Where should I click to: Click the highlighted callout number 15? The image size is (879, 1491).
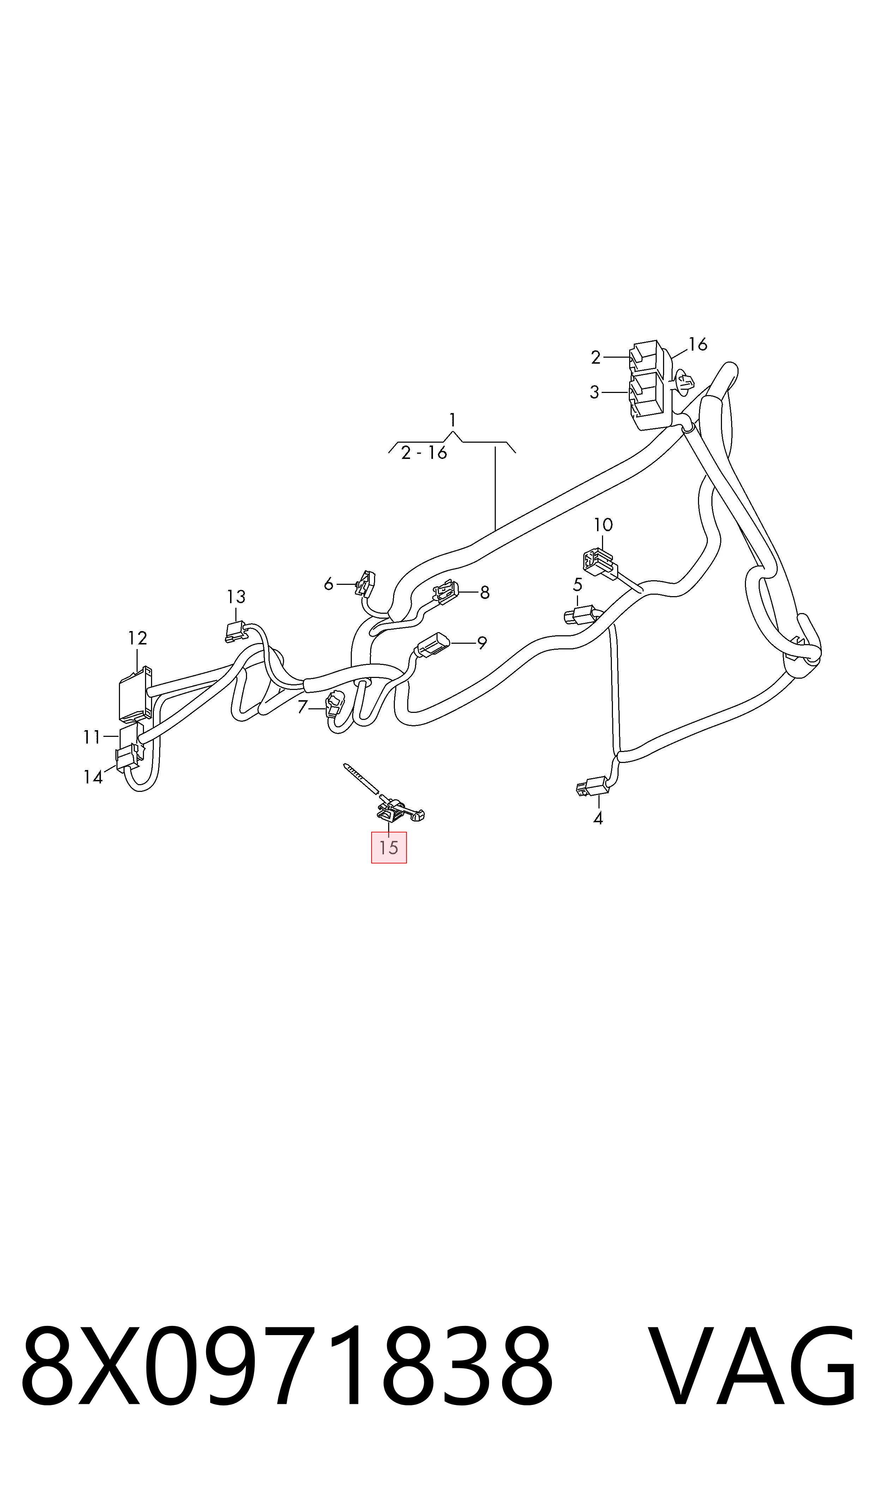pyautogui.click(x=389, y=848)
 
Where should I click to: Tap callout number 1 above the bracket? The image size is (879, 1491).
pyautogui.click(x=452, y=420)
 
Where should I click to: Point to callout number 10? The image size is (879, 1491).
pyautogui.click(x=603, y=525)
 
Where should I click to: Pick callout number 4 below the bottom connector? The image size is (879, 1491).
pyautogui.click(x=598, y=819)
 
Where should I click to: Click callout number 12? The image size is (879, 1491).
pyautogui.click(x=137, y=638)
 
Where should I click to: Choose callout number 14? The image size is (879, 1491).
pyautogui.click(x=93, y=777)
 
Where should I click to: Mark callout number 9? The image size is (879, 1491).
pyautogui.click(x=482, y=643)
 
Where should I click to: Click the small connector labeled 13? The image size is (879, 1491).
pyautogui.click(x=236, y=631)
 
